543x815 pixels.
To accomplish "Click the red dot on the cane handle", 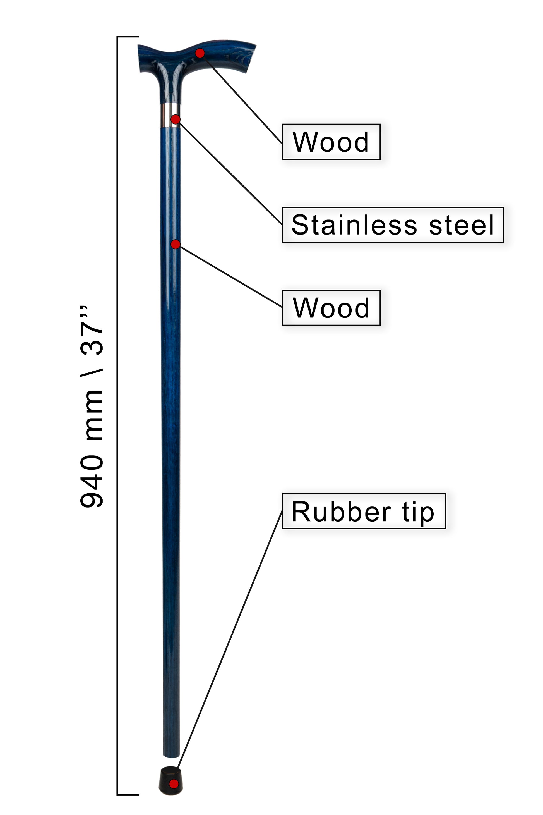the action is pyautogui.click(x=200, y=53).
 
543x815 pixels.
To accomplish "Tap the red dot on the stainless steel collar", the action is pyautogui.click(x=176, y=119).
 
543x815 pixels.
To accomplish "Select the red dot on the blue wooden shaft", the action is pyautogui.click(x=176, y=244).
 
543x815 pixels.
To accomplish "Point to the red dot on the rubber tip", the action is pyautogui.click(x=174, y=783).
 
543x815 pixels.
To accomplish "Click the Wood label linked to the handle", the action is pyautogui.click(x=331, y=142).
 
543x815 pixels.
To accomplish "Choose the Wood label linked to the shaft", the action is pyautogui.click(x=331, y=308).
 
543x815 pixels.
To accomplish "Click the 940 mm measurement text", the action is pyautogui.click(x=92, y=449).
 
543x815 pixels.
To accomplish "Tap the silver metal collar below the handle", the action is pyautogui.click(x=170, y=115).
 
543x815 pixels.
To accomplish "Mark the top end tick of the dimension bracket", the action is pyautogui.click(x=128, y=36).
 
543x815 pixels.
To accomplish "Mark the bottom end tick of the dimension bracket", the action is pyautogui.click(x=128, y=795).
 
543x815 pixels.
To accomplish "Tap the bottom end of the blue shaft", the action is pyautogui.click(x=171, y=756).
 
